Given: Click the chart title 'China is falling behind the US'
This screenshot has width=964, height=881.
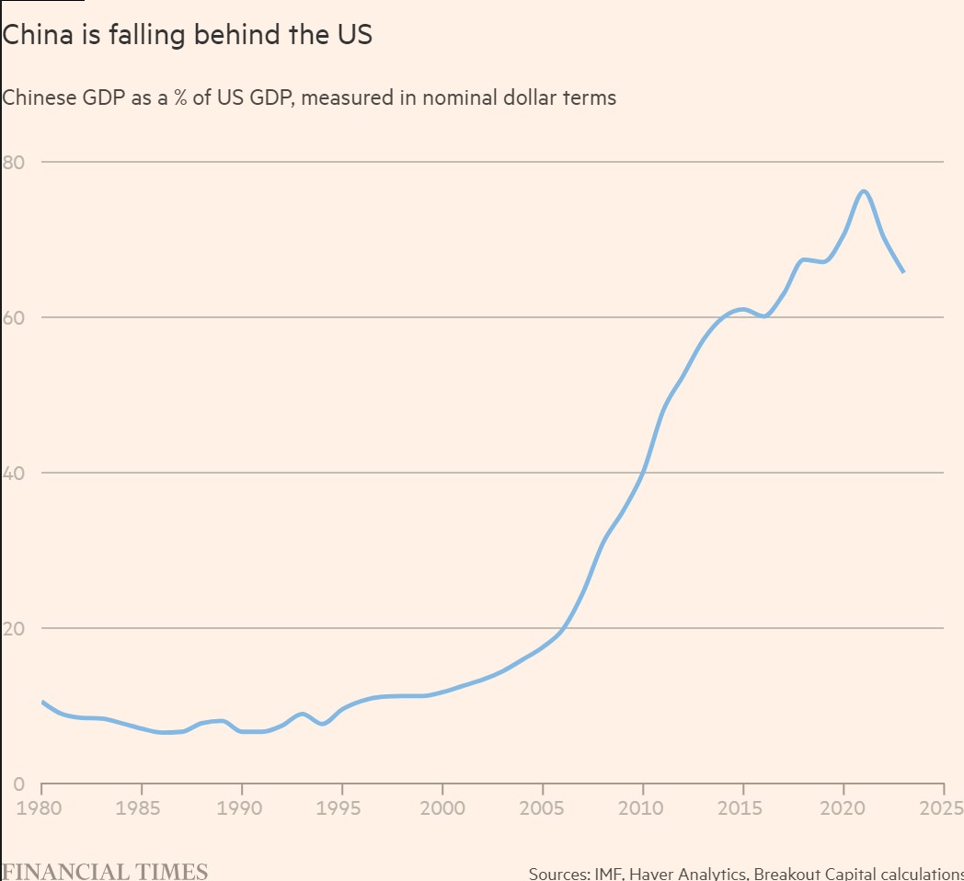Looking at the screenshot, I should [187, 36].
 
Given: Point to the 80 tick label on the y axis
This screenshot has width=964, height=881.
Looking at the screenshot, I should [13, 162].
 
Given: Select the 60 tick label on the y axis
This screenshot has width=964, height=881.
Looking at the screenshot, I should [13, 317].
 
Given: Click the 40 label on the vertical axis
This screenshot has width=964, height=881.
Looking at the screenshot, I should [13, 473].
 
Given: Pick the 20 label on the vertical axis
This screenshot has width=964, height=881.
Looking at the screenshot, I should [13, 628].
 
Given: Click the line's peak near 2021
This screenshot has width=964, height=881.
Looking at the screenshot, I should [864, 191].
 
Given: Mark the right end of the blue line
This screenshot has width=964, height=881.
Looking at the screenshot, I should [903, 271].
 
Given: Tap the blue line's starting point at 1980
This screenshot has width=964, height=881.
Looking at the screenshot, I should [42, 702].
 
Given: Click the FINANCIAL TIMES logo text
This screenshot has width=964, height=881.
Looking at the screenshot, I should [104, 871].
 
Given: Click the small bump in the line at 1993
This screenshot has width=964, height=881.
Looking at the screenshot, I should [302, 714].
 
